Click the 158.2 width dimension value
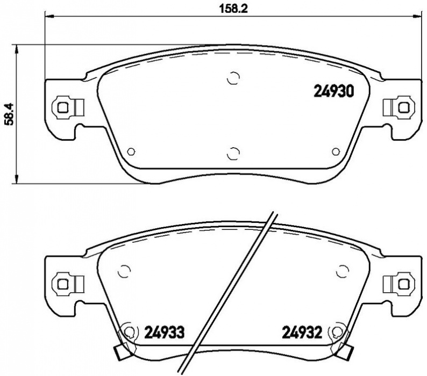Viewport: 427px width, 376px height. click(x=233, y=9)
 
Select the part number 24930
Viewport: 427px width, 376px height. click(x=334, y=91)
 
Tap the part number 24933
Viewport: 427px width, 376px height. click(x=164, y=332)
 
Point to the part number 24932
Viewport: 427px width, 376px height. click(x=302, y=332)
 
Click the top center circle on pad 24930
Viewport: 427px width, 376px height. click(x=233, y=78)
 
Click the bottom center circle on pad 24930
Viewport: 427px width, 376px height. click(x=233, y=154)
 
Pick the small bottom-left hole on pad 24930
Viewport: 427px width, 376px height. click(x=131, y=151)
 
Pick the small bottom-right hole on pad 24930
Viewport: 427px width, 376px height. click(x=336, y=151)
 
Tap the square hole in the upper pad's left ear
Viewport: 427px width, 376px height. click(x=63, y=108)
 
